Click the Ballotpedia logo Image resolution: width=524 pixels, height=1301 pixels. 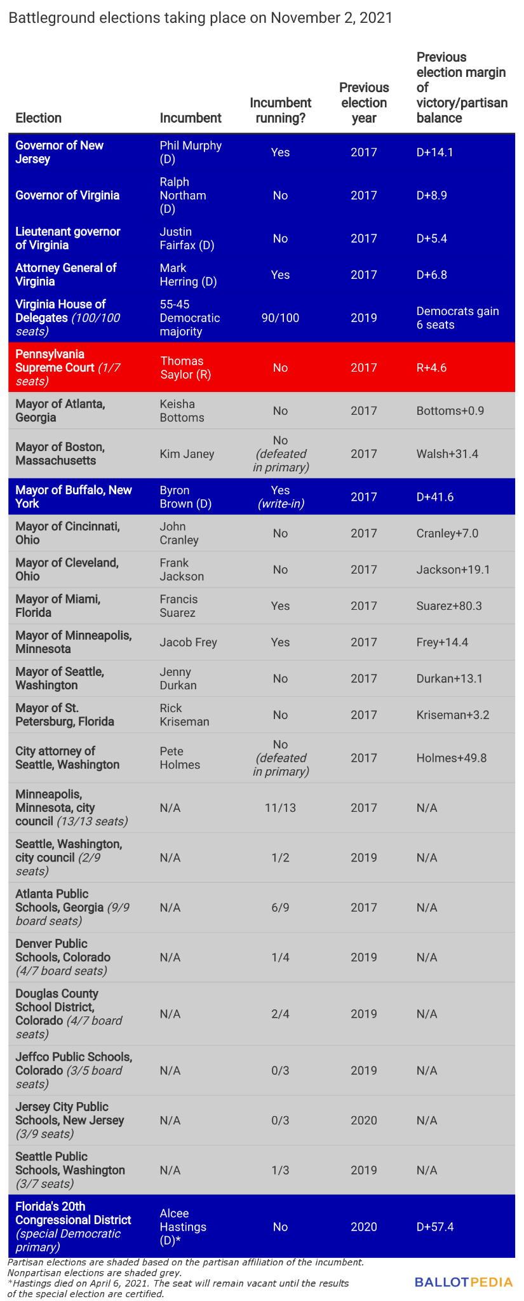click(x=463, y=1281)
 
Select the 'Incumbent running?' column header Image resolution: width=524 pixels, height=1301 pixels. click(x=280, y=110)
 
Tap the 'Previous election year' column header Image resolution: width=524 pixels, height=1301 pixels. click(x=364, y=102)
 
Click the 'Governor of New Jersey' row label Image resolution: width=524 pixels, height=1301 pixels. click(x=59, y=152)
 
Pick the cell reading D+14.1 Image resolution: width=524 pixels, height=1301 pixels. click(x=434, y=152)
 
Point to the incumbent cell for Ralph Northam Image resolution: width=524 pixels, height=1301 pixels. click(x=183, y=196)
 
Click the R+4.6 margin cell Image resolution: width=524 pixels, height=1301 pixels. click(x=432, y=368)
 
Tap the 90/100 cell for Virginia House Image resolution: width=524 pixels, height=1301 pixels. click(x=280, y=318)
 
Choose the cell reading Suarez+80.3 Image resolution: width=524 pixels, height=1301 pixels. click(x=449, y=606)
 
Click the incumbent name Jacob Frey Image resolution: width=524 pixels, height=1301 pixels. click(x=188, y=642)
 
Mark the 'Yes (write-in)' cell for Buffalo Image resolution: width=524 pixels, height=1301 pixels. click(x=280, y=497)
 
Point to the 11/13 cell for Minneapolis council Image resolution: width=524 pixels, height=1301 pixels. click(x=280, y=808)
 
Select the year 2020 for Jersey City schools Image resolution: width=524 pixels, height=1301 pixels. click(x=364, y=1120)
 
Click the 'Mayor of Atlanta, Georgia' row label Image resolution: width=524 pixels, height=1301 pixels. click(x=60, y=411)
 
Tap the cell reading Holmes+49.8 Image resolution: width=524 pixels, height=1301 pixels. click(x=452, y=758)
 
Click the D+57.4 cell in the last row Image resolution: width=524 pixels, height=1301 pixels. click(x=435, y=1227)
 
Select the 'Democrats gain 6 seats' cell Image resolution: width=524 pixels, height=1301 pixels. click(x=457, y=318)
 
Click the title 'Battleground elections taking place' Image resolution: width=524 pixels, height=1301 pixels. click(x=200, y=18)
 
